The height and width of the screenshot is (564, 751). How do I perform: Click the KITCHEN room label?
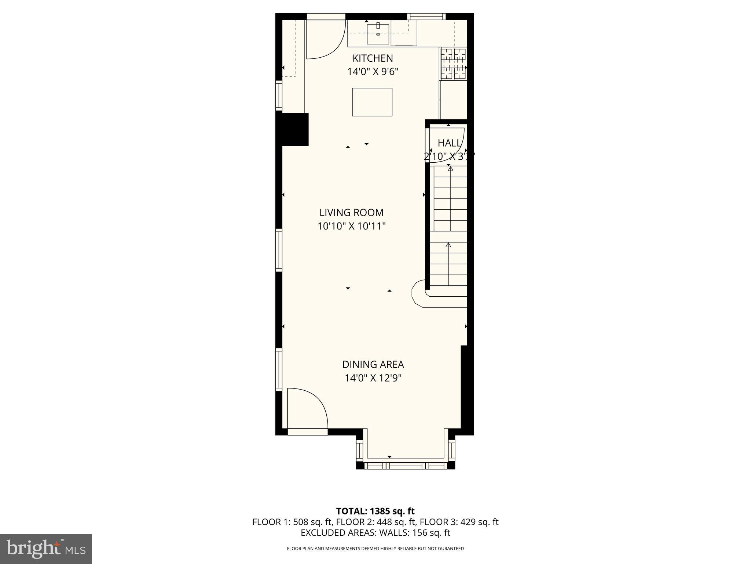point(373,58)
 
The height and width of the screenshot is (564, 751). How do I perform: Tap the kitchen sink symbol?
point(378,34)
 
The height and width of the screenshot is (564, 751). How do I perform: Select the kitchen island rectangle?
point(372,102)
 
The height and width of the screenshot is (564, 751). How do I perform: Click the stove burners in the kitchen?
point(453,64)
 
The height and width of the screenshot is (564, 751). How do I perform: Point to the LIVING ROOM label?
point(351,213)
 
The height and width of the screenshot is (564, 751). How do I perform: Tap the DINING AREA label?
point(373,365)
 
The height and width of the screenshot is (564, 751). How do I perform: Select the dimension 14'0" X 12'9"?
point(373,378)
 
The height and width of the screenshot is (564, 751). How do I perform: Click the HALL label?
point(449,143)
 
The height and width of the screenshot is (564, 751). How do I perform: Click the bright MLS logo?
point(45,549)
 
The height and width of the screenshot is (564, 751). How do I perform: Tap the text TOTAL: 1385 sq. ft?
point(375,511)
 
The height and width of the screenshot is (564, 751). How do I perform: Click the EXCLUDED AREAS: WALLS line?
point(375,532)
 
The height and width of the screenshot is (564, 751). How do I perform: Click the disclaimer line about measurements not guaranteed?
point(375,549)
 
